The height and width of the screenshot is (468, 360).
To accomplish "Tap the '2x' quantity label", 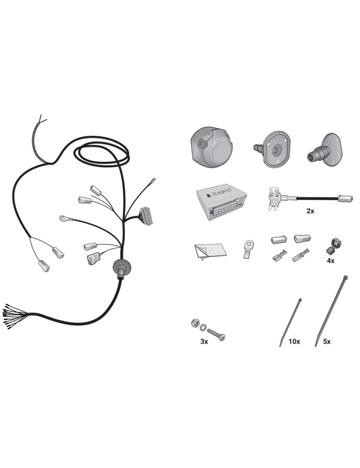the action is click(x=310, y=211).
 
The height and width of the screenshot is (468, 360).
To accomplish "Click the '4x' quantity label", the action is click(x=331, y=261).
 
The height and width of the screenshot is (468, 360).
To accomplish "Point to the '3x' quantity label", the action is click(x=204, y=341).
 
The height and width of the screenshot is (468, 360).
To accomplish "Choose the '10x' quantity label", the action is click(x=294, y=341).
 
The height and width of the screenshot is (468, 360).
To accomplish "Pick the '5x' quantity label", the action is click(x=327, y=341).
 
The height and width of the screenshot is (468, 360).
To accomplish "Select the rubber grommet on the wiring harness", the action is click(x=121, y=267).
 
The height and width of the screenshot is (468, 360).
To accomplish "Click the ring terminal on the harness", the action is click(x=65, y=219).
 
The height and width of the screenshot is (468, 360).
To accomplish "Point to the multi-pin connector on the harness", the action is click(x=146, y=215).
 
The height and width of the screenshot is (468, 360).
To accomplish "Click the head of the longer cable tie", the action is click(x=346, y=278).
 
